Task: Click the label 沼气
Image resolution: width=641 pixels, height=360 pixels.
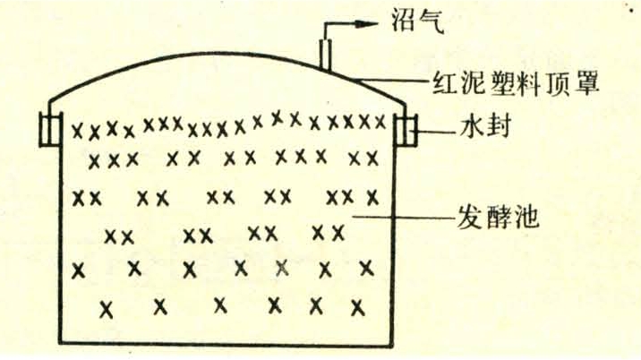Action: point(418,21)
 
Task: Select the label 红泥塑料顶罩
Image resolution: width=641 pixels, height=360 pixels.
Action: point(516,83)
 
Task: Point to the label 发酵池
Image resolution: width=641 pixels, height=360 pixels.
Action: point(498,216)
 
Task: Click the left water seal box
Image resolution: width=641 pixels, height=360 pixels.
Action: point(51,129)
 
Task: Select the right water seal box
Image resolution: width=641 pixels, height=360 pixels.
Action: point(406,130)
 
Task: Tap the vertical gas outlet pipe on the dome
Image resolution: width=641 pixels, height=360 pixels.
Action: point(325,54)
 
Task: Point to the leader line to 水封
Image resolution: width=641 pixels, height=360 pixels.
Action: point(436,132)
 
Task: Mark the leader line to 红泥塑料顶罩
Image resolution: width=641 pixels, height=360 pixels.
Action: point(391,81)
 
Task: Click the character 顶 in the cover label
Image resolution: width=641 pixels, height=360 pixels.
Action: point(557,83)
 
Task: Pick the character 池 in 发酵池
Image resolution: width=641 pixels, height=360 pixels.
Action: point(526,216)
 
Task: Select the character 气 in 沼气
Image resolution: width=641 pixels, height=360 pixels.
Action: point(432,21)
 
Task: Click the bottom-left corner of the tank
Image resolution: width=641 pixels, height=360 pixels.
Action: point(60,343)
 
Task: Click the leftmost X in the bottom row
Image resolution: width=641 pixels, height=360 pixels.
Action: point(107,309)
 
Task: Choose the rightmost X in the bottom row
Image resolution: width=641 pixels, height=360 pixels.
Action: point(358,307)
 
